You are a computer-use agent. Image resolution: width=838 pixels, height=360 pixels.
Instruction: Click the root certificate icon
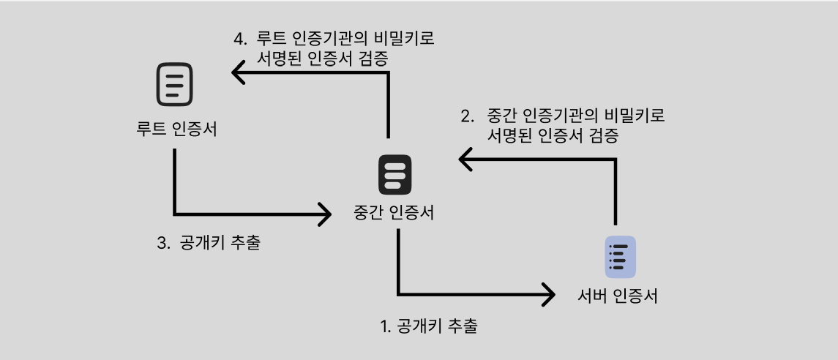(174, 83)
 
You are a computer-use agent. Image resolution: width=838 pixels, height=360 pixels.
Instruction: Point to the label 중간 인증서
(394, 213)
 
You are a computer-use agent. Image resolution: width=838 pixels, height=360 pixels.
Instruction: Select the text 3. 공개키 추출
(209, 243)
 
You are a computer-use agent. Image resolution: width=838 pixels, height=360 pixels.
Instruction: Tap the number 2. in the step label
(467, 116)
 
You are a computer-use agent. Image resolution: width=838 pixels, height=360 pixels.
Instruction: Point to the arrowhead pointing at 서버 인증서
(548, 295)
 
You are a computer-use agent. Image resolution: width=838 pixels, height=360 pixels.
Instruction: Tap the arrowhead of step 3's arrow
(325, 214)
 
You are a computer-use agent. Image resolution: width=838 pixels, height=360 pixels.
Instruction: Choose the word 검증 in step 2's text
(603, 136)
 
